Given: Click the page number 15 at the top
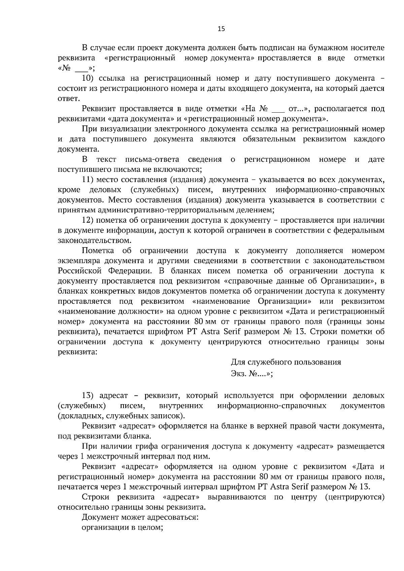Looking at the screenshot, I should [221, 29].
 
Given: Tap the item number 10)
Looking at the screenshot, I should [90, 79].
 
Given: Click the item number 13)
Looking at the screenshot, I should [90, 396].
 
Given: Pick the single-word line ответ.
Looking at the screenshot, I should [69, 99].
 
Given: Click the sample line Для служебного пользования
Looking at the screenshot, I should [286, 362].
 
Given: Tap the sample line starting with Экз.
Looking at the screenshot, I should [252, 374].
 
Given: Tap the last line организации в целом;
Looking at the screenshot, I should [123, 527].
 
